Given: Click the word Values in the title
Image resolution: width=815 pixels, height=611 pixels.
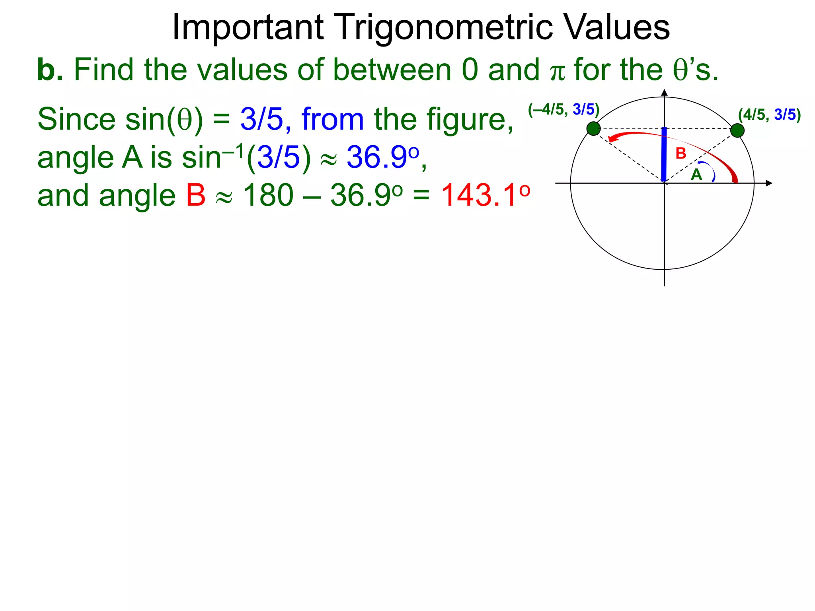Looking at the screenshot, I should (x=616, y=28).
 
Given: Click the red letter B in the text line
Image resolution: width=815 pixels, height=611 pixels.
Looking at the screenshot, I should (x=196, y=196).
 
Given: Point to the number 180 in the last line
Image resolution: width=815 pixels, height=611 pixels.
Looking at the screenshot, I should (x=268, y=196).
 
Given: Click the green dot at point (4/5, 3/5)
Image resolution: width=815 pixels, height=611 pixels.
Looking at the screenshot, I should (x=737, y=130).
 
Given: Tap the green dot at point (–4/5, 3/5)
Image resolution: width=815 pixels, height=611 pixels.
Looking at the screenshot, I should (x=593, y=128).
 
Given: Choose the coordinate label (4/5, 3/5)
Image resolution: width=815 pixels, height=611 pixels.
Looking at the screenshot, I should (x=769, y=115).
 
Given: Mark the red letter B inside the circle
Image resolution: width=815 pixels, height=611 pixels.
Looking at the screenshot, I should (x=681, y=154).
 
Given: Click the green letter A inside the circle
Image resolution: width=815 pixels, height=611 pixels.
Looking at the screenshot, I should (x=696, y=175).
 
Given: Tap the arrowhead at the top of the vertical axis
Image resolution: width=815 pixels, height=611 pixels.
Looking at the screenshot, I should (x=664, y=93).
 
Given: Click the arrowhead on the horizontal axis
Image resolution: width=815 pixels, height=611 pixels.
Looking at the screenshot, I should (x=768, y=183).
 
